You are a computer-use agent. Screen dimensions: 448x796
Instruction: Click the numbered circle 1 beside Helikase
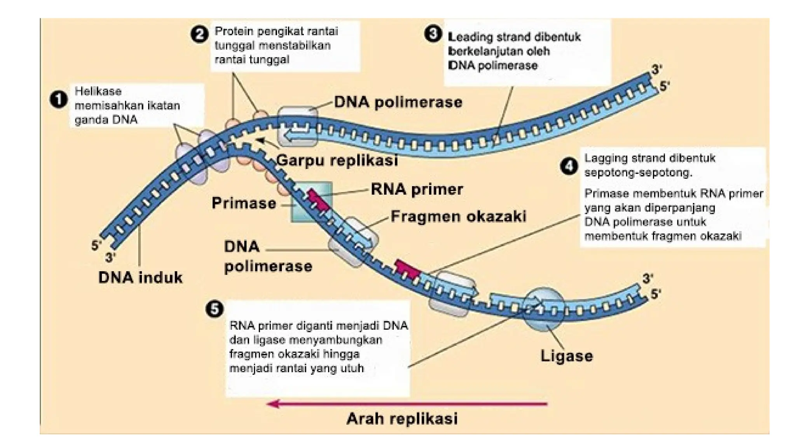coord(59,100)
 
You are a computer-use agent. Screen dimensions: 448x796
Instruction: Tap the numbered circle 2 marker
coord(199,34)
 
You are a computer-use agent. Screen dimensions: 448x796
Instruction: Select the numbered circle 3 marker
coord(433,33)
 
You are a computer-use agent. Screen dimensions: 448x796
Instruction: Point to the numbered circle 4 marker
coord(569,166)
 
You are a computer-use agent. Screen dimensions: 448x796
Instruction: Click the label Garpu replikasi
coord(337,160)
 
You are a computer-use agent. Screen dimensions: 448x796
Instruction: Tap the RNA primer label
coord(417,189)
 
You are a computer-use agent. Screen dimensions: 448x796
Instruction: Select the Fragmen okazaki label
coord(458,216)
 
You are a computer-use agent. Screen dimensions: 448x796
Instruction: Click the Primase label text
coord(244,203)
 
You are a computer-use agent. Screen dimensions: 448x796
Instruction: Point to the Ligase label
coord(566,355)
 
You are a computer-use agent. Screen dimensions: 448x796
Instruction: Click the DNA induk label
coord(140,277)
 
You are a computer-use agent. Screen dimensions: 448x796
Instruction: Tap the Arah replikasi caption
coord(402,419)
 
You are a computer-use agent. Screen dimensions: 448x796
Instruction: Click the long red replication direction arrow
coord(408,404)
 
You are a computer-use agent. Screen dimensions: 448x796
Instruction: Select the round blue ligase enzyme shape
coord(543,309)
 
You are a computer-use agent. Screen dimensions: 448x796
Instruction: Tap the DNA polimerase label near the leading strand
coord(398,102)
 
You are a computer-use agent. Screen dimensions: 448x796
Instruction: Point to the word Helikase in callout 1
coord(98,91)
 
